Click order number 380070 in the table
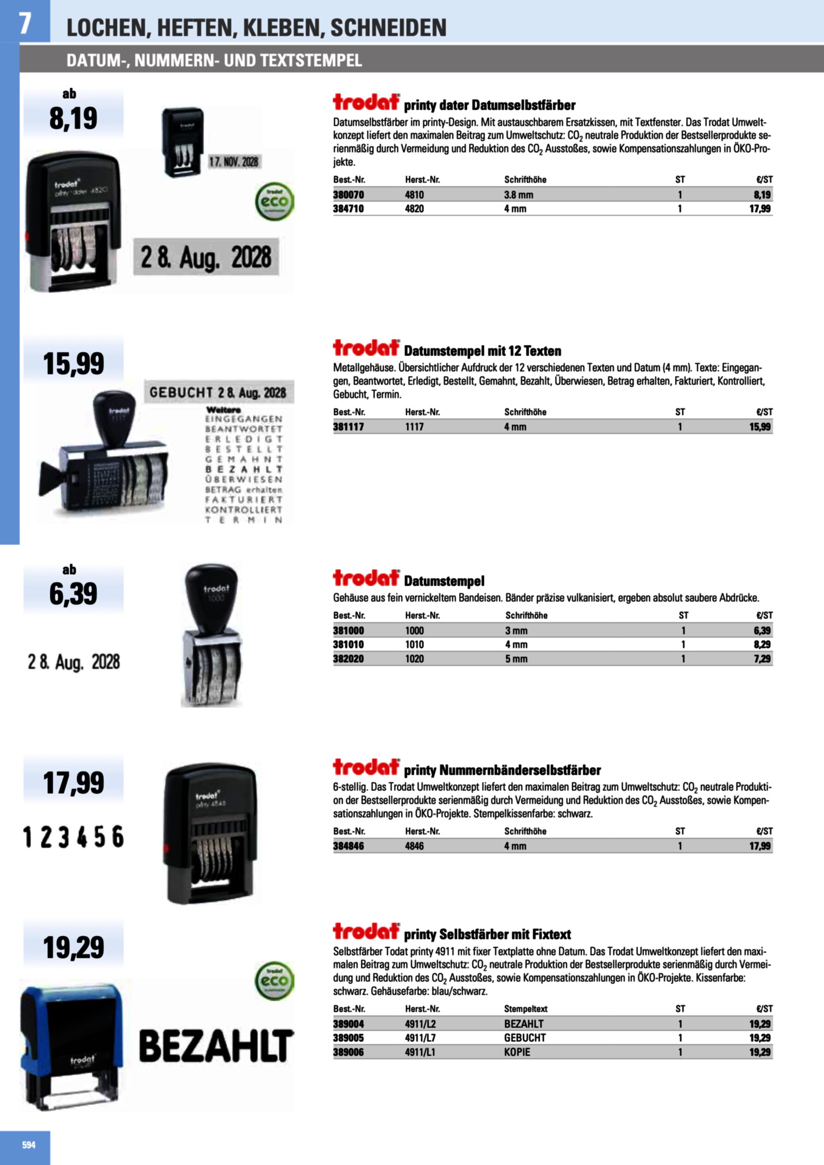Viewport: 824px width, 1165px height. point(348,195)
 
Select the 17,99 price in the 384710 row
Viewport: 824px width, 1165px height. point(759,208)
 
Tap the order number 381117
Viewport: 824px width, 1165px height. point(348,427)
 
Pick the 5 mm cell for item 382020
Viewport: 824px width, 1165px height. point(516,659)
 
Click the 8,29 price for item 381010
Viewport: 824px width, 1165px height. point(762,644)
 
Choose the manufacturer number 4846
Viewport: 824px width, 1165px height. point(414,846)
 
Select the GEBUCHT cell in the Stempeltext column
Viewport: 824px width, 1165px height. point(525,1038)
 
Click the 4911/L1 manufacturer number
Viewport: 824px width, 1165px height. point(420,1052)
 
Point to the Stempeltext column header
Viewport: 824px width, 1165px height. point(525,1009)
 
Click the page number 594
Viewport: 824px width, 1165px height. point(29,1145)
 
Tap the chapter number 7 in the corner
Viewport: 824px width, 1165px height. point(24,23)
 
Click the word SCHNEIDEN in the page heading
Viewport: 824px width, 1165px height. point(388,28)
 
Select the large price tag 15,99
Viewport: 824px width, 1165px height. point(74,364)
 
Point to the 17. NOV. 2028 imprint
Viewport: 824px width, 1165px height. point(233,162)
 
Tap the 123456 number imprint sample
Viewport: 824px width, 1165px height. point(74,837)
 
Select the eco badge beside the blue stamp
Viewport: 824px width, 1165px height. point(274,981)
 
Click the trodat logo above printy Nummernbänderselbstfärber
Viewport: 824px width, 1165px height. point(366,767)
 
